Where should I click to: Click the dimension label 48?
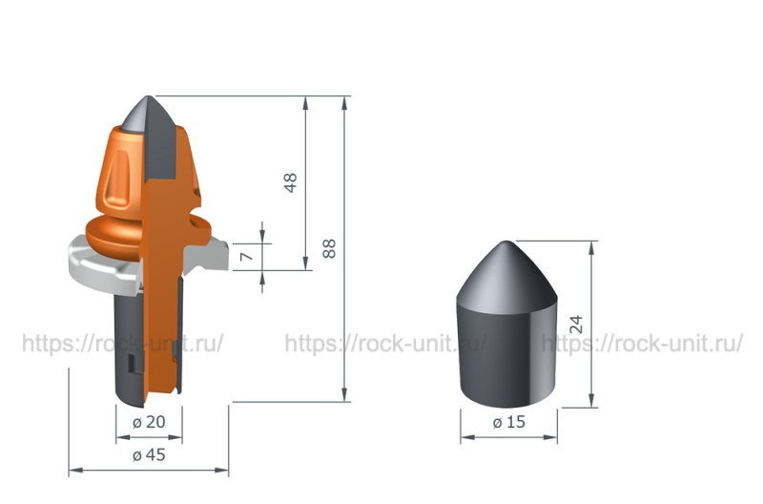tap(290, 183)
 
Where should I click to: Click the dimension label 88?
tap(329, 248)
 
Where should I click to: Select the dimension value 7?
tap(247, 256)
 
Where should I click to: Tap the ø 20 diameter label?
tap(149, 422)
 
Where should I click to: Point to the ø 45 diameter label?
tap(149, 454)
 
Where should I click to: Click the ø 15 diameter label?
tap(509, 422)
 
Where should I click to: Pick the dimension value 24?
tap(576, 325)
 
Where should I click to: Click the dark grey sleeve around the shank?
tap(128, 346)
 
